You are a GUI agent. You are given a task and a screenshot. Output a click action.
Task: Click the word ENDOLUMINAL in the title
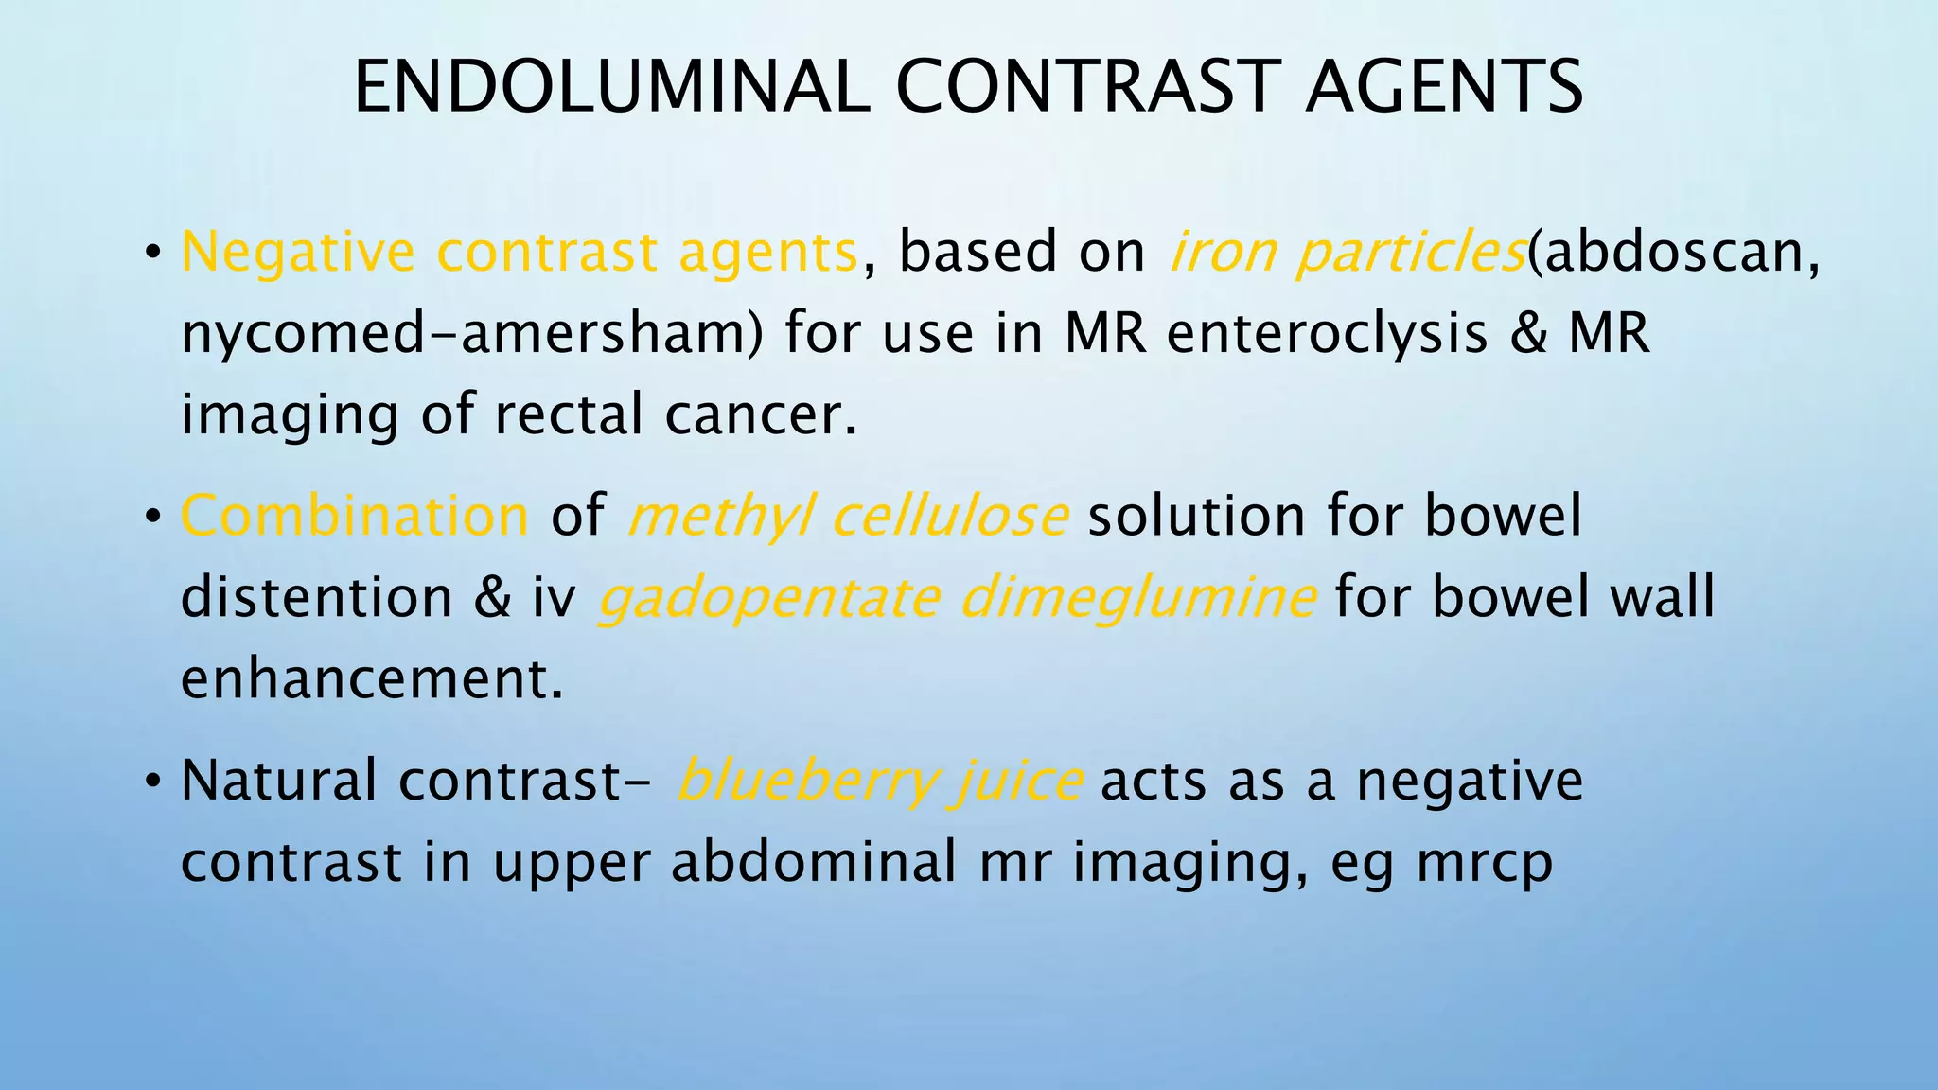coord(611,87)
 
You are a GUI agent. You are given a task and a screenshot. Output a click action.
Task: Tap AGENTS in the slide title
coord(1444,87)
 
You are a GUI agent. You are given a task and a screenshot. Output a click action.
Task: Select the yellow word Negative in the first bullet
coord(297,253)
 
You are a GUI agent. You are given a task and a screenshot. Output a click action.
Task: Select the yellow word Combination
coord(355,517)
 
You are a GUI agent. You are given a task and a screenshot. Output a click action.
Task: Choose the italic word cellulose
coord(950,517)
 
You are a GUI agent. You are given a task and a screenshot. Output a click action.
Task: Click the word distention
coord(316,598)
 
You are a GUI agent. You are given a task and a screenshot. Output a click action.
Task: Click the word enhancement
coord(371,679)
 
